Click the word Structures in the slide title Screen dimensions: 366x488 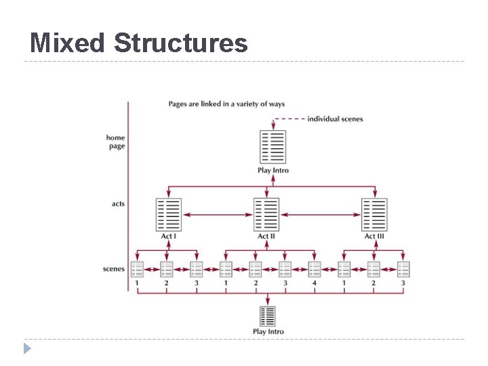point(180,43)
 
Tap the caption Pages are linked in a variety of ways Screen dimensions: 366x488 point(226,104)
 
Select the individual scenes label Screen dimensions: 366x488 point(335,119)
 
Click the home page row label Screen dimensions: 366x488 point(116,142)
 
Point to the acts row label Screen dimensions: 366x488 point(118,203)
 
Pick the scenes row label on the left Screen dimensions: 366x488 point(114,268)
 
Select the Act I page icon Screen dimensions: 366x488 point(169,215)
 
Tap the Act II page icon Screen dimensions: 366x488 point(266,215)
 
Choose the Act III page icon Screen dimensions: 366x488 point(374,215)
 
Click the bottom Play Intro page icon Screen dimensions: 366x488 point(268,316)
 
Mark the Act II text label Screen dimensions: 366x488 point(266,237)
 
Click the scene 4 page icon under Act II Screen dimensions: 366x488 point(314,269)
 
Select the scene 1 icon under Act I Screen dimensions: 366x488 point(137,269)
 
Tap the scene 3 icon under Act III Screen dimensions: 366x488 point(403,269)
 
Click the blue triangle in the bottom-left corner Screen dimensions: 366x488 point(26,349)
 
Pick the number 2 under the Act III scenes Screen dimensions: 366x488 point(373,283)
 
